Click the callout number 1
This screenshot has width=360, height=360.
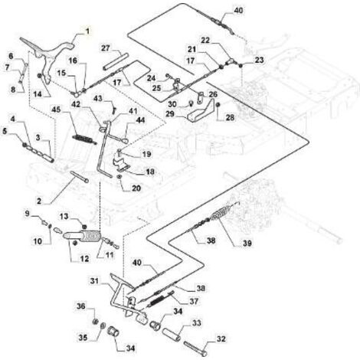pos(87,31)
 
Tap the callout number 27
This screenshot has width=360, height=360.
pos(106,47)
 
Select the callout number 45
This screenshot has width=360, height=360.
pos(56,110)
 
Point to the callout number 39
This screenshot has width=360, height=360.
pos(247,244)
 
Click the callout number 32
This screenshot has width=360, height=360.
pos(221,339)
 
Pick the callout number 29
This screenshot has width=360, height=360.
pos(170,114)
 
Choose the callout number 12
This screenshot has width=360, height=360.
pos(84,259)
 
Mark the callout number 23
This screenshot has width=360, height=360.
pos(259,60)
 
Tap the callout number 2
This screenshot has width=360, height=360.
pos(39,201)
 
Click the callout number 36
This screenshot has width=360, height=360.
pos(81,306)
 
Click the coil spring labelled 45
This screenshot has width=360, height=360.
pos(84,139)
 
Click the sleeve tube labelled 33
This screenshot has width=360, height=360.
pos(172,335)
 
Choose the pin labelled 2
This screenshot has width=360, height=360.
pos(78,176)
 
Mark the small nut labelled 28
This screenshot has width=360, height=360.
pos(218,105)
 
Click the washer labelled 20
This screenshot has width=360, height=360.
pos(119,176)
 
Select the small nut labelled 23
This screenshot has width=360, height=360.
pos(241,67)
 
